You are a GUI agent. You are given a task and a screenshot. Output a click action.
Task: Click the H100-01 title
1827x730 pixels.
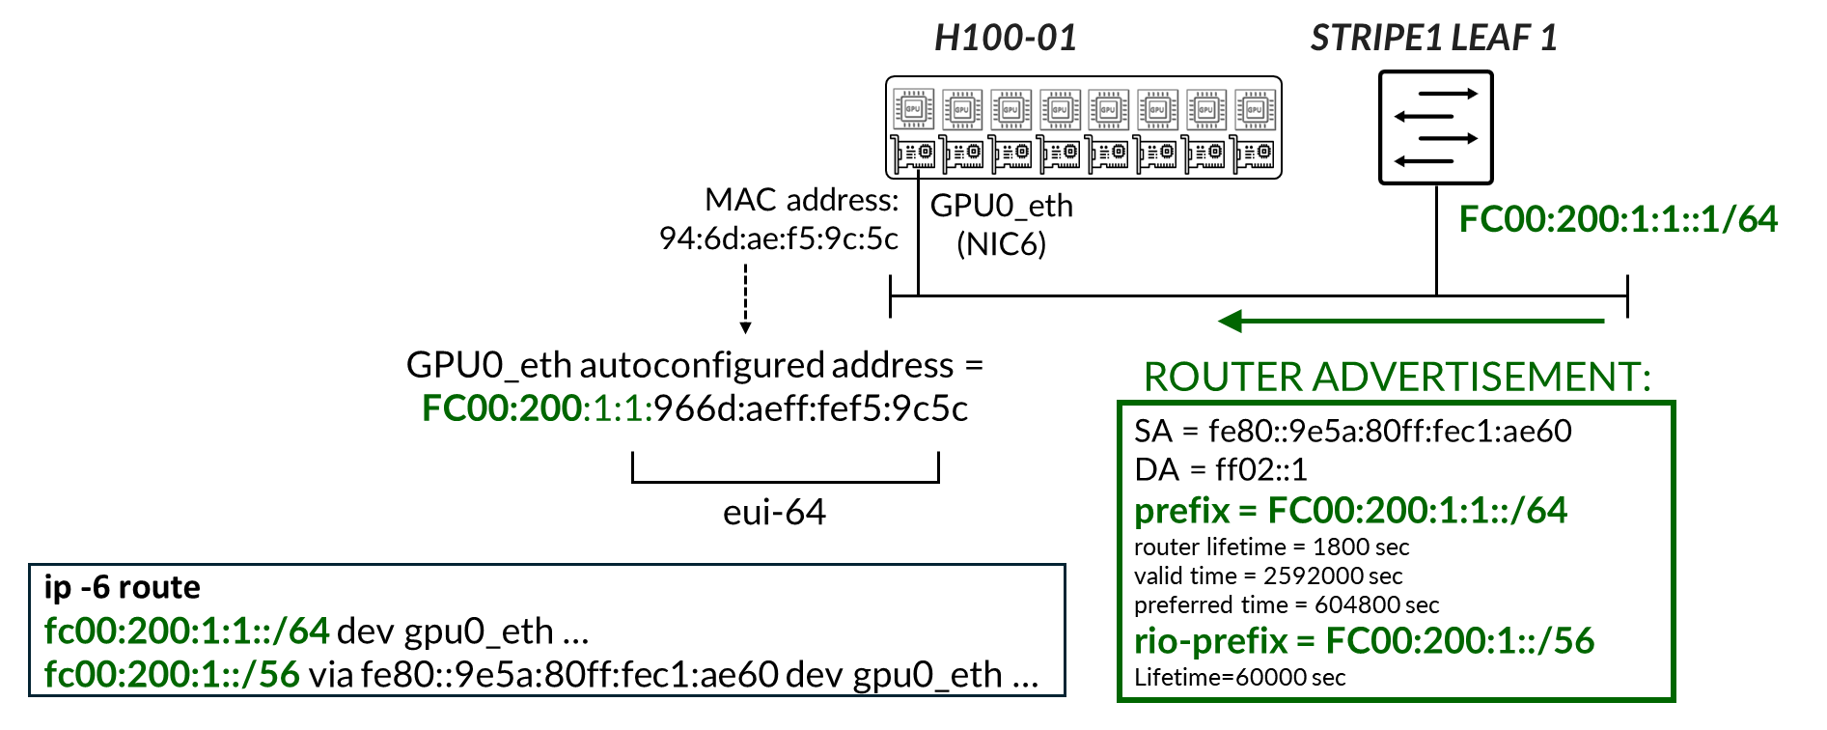(x=1005, y=39)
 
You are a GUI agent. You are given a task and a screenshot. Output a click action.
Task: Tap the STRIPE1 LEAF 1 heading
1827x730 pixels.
(x=1433, y=39)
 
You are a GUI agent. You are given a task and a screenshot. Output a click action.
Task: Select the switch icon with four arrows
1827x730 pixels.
(x=1435, y=127)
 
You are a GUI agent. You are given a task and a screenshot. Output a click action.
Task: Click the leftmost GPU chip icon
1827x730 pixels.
(x=912, y=110)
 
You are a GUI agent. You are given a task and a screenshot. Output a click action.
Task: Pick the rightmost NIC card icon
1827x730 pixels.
(x=1255, y=153)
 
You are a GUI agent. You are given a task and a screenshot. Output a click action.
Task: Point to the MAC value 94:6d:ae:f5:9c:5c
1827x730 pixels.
(x=778, y=239)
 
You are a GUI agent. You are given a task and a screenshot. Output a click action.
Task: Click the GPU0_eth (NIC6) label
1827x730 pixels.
(x=1001, y=224)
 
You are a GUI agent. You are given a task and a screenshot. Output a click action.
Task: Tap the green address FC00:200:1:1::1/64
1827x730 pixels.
(x=1618, y=219)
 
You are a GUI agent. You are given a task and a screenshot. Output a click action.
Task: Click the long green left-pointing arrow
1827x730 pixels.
(x=1409, y=322)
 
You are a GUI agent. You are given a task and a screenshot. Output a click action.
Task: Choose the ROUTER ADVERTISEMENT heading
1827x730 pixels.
(x=1397, y=377)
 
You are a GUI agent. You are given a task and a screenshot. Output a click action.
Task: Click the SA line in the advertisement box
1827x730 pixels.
(x=1352, y=431)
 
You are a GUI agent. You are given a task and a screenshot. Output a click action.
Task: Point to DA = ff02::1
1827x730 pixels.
(x=1220, y=470)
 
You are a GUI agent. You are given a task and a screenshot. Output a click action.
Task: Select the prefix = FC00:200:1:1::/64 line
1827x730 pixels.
(x=1350, y=510)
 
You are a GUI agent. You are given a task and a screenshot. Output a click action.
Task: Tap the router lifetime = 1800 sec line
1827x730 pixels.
(x=1271, y=547)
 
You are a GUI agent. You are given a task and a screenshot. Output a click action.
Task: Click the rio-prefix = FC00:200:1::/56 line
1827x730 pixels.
(x=1364, y=640)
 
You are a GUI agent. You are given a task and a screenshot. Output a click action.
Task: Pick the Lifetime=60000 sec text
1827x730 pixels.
(x=1239, y=678)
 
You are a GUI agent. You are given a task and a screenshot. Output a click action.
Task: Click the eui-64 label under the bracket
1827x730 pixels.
(x=774, y=512)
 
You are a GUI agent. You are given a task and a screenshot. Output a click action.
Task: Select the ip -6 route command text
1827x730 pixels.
(x=123, y=587)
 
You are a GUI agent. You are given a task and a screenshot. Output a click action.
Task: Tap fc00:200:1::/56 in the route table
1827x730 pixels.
(x=172, y=674)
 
